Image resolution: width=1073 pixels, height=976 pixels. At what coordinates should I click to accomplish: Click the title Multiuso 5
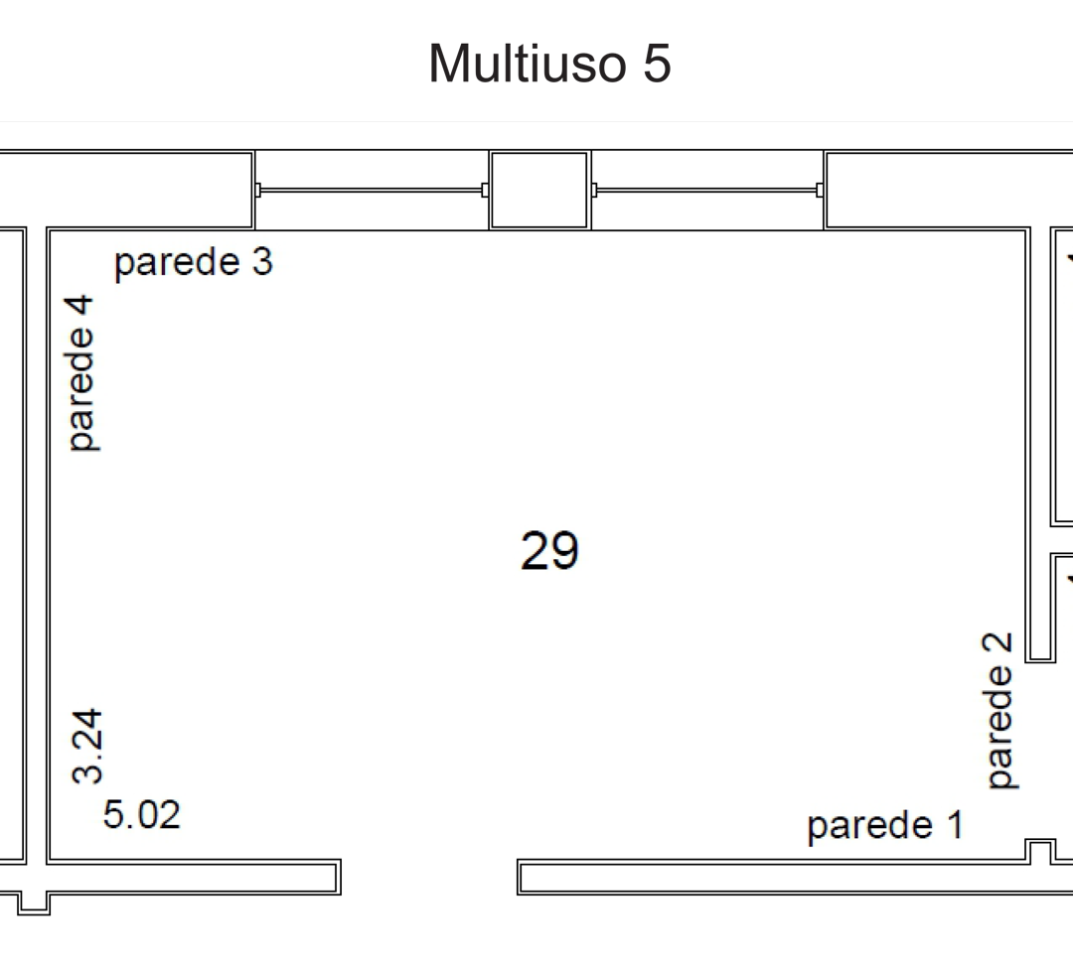coord(549,63)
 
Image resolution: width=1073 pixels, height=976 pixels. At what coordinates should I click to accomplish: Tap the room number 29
coord(549,551)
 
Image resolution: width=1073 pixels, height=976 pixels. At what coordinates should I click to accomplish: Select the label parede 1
coord(885,826)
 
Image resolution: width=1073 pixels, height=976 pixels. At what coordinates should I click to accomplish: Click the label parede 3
coord(194,263)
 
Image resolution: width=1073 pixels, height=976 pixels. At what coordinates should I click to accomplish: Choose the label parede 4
coord(81,373)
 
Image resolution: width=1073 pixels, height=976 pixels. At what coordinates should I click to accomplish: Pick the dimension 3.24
coord(87,746)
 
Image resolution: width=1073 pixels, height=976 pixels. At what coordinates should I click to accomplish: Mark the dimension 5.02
coord(142,814)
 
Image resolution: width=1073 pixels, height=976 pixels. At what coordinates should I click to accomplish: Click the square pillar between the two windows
coord(539,191)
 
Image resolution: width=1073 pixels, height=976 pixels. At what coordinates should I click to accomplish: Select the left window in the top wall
coord(372,191)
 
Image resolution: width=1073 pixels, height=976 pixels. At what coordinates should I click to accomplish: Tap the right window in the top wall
coord(707,191)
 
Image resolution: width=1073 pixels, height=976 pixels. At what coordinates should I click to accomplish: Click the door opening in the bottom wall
coord(429,877)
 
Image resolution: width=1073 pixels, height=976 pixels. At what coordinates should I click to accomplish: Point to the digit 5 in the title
coord(657,64)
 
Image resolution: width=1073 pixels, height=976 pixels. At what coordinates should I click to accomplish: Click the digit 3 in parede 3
coord(262,261)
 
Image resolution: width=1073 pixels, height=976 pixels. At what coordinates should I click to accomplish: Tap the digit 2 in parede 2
coord(997,643)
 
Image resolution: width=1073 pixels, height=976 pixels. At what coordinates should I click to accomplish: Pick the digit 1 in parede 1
coord(956,824)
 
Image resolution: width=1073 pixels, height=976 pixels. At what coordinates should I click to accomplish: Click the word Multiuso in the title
coord(528,63)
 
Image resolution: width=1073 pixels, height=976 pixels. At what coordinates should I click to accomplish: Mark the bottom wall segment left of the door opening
coord(195,877)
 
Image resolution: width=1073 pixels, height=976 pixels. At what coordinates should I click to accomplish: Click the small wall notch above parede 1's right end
coord(1040,850)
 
